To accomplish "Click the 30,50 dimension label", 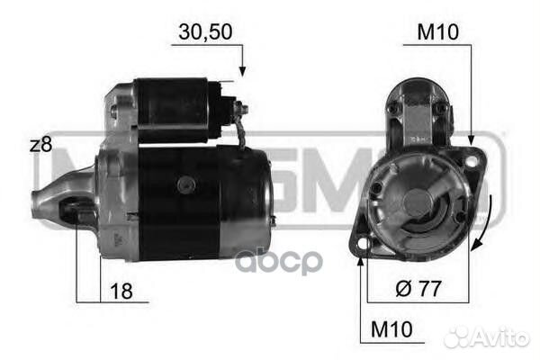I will click(x=206, y=31).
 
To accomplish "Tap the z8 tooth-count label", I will click(x=40, y=144).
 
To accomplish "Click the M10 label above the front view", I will click(x=438, y=32).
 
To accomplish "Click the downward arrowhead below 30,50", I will click(x=241, y=70).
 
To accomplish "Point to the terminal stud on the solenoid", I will click(x=240, y=108).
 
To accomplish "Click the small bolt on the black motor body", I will click(x=187, y=184).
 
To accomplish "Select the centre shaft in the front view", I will click(x=417, y=201).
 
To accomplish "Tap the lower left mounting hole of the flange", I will click(x=363, y=244).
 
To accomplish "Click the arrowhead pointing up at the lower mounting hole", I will click(x=363, y=262).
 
